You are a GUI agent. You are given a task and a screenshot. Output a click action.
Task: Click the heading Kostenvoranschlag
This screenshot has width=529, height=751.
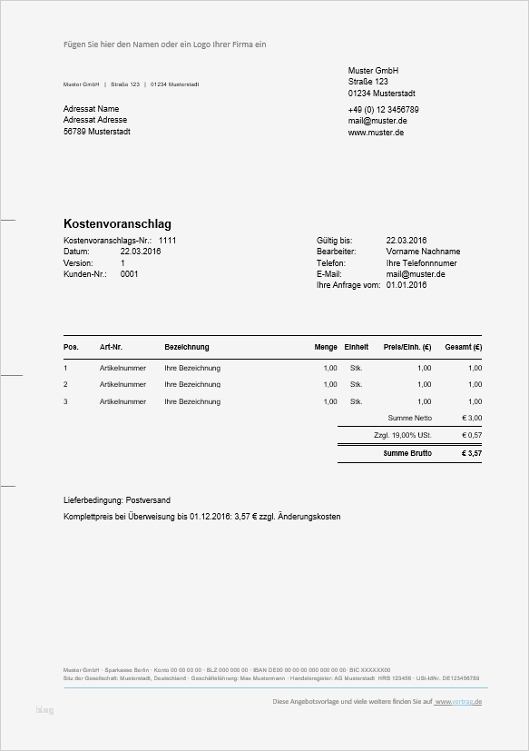[x=117, y=224]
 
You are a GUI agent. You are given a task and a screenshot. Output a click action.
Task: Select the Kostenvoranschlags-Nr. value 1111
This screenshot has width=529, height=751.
[x=167, y=241]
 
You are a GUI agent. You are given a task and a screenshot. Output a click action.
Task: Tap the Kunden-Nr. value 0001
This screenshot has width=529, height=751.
[x=129, y=273]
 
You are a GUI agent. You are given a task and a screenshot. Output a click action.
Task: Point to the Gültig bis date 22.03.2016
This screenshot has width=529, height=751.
[x=407, y=241]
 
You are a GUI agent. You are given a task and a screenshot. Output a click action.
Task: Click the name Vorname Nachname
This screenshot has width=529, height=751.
[x=422, y=252]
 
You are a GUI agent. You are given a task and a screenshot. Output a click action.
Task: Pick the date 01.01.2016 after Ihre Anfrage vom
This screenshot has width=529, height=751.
[x=406, y=284]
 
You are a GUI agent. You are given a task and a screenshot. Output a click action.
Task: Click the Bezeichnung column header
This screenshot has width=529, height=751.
[x=187, y=347]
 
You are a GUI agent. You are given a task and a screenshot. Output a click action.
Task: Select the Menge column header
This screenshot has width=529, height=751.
[x=326, y=347]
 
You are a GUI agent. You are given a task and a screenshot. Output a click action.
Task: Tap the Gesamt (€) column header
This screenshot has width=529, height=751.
[x=464, y=347]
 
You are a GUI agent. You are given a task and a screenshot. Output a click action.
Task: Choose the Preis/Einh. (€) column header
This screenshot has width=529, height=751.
[x=407, y=347]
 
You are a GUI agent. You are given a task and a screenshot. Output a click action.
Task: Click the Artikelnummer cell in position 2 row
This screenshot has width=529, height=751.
[x=122, y=385]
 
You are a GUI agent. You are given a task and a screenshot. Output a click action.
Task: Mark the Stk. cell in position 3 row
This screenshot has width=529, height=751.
[x=357, y=401]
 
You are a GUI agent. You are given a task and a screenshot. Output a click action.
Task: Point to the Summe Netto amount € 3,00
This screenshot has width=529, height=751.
[x=472, y=419]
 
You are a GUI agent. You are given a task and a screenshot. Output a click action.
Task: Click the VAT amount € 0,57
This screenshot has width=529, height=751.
[x=472, y=436]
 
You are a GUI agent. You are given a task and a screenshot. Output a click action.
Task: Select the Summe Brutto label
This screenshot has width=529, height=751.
[x=407, y=453]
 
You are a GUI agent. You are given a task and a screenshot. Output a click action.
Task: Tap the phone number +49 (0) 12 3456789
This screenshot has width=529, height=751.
[x=383, y=110]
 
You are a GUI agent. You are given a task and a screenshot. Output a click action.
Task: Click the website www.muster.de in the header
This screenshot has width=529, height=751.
[x=376, y=133]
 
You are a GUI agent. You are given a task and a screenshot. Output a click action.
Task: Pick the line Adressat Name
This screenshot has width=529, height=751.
[x=92, y=109]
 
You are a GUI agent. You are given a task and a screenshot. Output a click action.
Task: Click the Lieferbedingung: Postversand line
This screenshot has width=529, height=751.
[x=116, y=500]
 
